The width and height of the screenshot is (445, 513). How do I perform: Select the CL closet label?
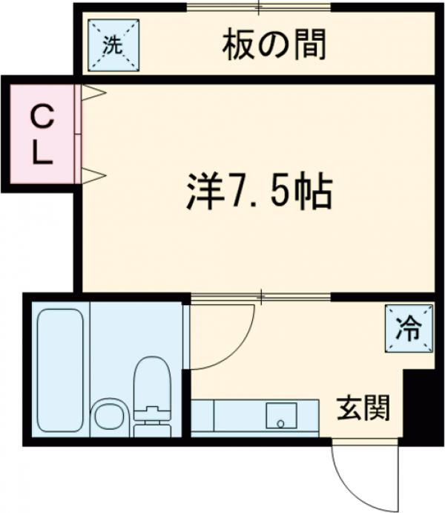[x=42, y=134]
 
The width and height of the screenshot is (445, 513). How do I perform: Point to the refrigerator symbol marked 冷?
[x=407, y=327]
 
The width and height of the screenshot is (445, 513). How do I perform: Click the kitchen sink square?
[x=281, y=416]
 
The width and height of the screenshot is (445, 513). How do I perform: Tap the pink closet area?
[x=42, y=134]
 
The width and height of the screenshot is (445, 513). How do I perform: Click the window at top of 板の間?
[x=259, y=10]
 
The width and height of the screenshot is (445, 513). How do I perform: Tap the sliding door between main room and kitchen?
[x=260, y=297]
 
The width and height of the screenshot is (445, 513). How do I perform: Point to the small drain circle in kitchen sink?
[x=280, y=424]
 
